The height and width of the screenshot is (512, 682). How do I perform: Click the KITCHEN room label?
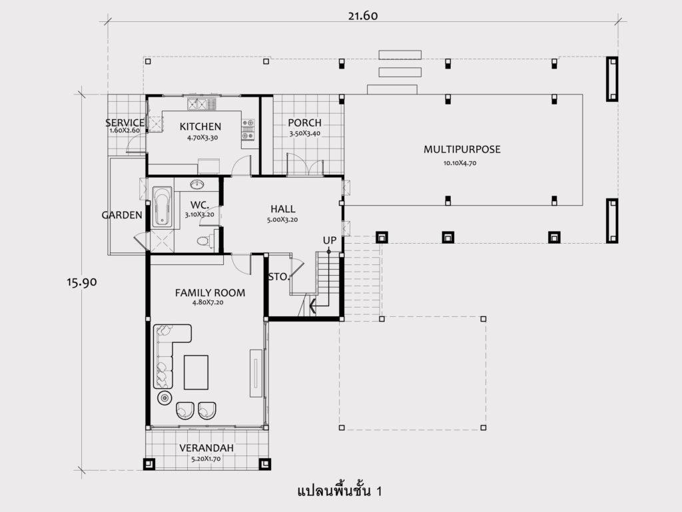coord(200,127)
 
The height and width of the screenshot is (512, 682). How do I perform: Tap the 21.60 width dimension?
coord(363,16)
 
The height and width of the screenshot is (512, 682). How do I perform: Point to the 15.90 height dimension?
coord(82,282)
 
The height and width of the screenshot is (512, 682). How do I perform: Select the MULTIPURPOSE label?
coord(462,149)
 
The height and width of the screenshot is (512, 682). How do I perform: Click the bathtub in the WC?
coord(163,206)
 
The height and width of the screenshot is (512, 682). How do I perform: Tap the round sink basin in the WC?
coord(197,184)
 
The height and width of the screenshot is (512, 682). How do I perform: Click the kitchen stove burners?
coord(248,130)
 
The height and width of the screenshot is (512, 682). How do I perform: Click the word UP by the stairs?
coord(329,240)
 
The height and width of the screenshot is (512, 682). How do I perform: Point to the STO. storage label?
coord(278,277)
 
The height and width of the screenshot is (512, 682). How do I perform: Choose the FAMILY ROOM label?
coord(210,293)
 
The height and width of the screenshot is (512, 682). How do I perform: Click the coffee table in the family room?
coord(196,372)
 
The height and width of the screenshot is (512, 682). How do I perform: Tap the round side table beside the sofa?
coord(165,397)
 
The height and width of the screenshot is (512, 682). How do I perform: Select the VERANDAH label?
coord(206,447)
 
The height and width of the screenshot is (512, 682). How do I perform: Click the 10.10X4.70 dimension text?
coord(460,163)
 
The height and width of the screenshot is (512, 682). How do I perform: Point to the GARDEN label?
coord(122,215)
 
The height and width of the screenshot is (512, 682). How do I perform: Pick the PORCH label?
coord(304,123)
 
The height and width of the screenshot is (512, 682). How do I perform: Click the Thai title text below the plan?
coord(340,491)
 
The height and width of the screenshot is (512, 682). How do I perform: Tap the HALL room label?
coord(282,209)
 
